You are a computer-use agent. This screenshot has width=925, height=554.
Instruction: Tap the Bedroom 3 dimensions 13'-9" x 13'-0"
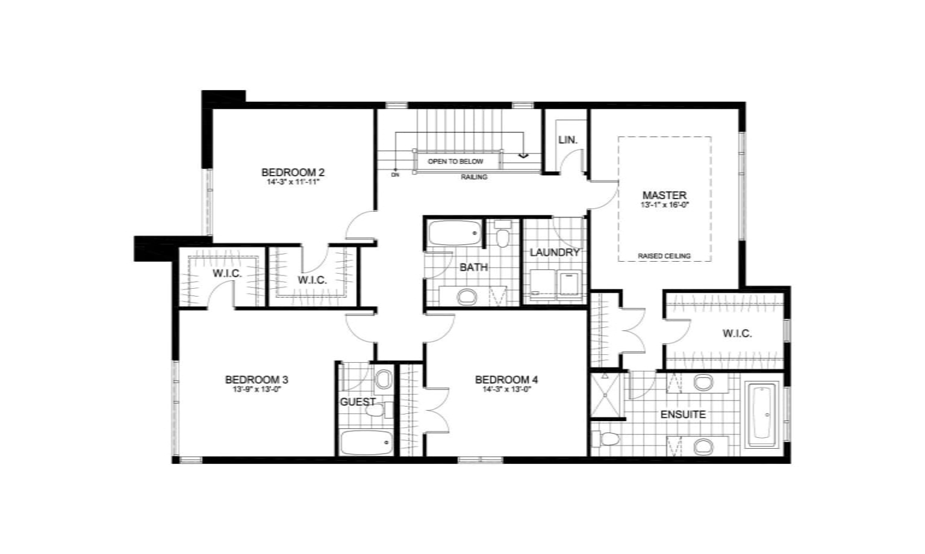pyautogui.click(x=257, y=389)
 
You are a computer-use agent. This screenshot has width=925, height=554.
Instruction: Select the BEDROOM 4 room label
pyautogui.click(x=506, y=380)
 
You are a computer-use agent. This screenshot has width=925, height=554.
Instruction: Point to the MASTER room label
pyautogui.click(x=664, y=195)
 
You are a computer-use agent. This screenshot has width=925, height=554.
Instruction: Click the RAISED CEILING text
pyautogui.click(x=664, y=256)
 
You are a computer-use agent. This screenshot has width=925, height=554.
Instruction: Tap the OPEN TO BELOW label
pyautogui.click(x=455, y=161)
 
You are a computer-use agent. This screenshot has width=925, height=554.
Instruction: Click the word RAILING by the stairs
pyautogui.click(x=474, y=177)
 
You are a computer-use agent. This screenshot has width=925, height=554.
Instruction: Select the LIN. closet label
pyautogui.click(x=567, y=140)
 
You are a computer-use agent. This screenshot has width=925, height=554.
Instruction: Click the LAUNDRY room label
pyautogui.click(x=554, y=252)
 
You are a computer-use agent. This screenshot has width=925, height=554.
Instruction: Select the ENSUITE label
pyautogui.click(x=683, y=414)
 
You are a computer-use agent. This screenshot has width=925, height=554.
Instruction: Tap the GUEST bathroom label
pyautogui.click(x=358, y=402)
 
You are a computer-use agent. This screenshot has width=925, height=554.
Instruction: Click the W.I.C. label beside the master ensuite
pyautogui.click(x=737, y=333)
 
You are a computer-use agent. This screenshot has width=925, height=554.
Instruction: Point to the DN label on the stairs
pyautogui.click(x=395, y=175)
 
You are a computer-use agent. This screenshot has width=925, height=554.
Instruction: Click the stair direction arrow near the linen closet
pyautogui.click(x=523, y=156)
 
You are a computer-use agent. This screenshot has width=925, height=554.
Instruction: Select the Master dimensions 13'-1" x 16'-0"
pyautogui.click(x=664, y=205)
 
